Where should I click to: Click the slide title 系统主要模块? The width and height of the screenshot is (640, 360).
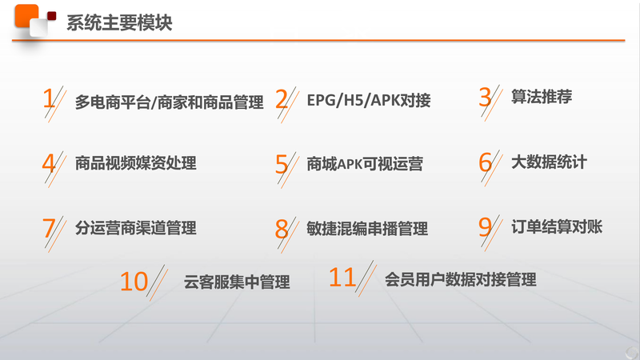(x=119, y=22)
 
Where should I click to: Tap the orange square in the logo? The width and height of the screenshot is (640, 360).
(x=26, y=16)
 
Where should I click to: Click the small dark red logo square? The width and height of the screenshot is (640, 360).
(x=51, y=16)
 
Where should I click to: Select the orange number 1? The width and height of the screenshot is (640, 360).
(x=49, y=98)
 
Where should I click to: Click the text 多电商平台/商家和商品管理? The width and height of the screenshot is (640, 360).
(x=170, y=102)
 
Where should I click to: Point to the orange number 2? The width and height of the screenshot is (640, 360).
(x=282, y=99)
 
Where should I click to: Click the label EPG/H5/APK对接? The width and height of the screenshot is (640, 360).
(x=369, y=100)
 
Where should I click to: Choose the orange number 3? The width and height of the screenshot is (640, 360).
(x=485, y=97)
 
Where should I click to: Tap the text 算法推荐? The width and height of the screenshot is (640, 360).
(x=542, y=97)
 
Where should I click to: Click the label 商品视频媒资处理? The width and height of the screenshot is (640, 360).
(x=135, y=163)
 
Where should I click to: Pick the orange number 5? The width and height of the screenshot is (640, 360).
(x=282, y=164)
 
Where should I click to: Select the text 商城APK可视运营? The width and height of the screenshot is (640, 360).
(x=365, y=164)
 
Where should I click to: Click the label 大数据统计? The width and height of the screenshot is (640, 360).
(x=549, y=162)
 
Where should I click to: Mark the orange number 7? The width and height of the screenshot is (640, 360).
(x=49, y=228)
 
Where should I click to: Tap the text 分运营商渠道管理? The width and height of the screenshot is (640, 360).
(x=135, y=228)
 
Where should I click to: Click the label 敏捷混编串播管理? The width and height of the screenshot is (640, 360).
(x=367, y=229)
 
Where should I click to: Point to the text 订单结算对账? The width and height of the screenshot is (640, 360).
(x=557, y=226)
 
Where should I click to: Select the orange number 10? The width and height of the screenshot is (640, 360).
(x=134, y=282)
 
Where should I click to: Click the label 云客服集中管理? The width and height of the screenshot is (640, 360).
(x=237, y=282)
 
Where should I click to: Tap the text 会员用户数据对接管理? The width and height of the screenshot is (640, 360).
(x=461, y=279)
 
